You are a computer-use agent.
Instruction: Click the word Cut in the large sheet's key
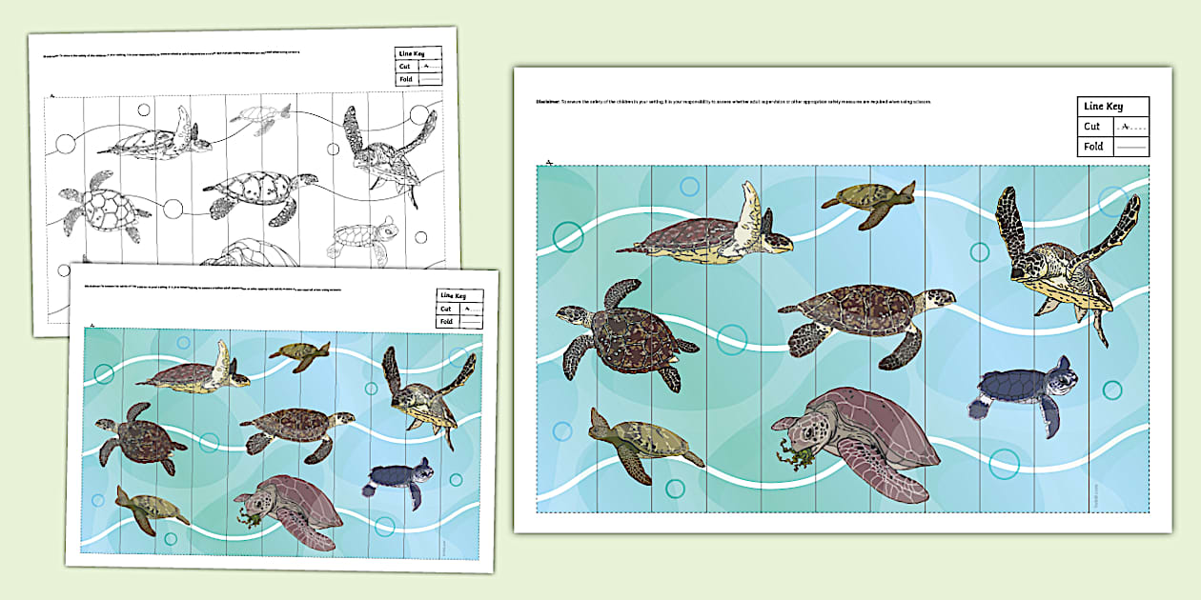point(1092,127)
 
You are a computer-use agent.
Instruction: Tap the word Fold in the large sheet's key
point(1093,147)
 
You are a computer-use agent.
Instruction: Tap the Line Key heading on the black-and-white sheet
point(414,54)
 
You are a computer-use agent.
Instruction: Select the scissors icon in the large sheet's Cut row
point(1125,127)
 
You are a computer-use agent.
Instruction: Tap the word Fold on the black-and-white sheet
point(406,82)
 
